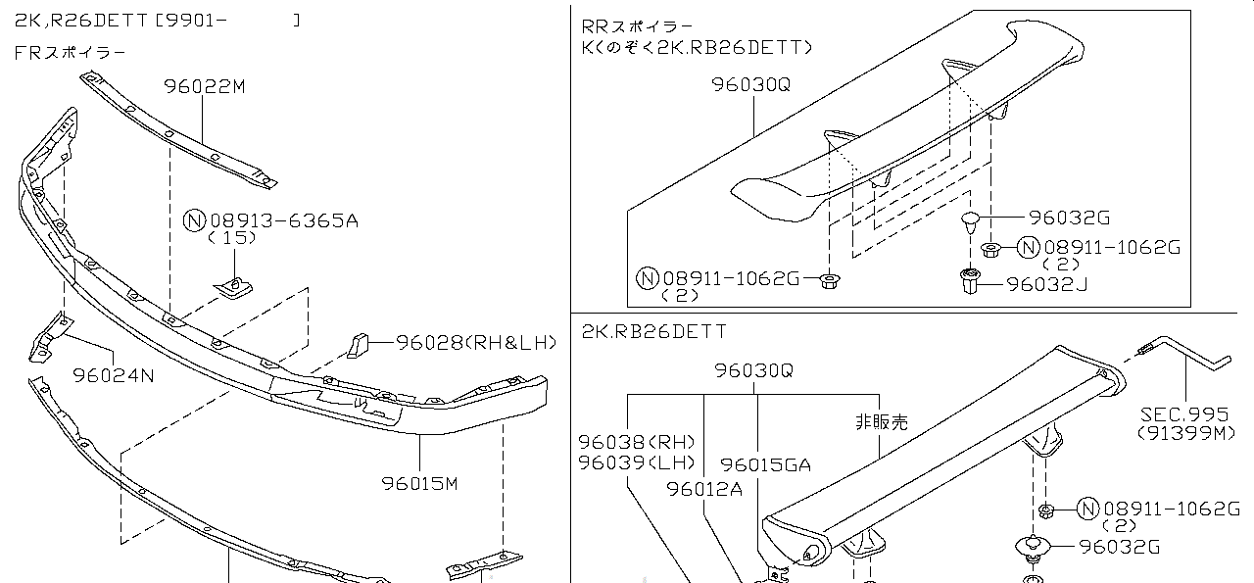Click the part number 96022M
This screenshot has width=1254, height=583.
(205, 86)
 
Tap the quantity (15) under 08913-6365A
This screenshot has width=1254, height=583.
(232, 238)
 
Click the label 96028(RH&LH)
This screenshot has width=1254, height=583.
(476, 342)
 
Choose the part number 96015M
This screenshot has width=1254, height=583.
(421, 483)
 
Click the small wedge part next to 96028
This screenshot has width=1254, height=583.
(358, 344)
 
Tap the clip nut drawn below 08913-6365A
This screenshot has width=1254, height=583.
(233, 285)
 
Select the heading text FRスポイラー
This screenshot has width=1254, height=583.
(70, 53)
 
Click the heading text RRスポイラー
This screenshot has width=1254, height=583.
(637, 26)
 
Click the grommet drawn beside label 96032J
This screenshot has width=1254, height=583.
(969, 283)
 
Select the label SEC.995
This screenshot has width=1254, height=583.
(1183, 414)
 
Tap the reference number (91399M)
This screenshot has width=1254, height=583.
(1186, 433)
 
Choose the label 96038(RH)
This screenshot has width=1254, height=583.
(636, 442)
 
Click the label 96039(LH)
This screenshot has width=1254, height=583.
(636, 462)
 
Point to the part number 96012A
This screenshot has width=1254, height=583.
(705, 488)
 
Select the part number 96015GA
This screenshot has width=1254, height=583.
(766, 465)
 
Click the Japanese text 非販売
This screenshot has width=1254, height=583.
(881, 422)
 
